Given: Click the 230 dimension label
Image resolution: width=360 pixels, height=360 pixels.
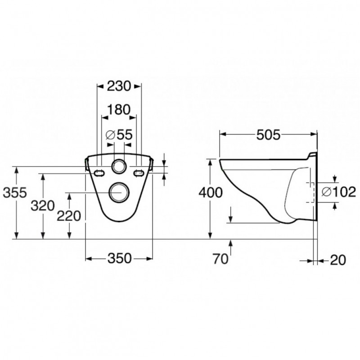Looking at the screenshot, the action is coord(119,86).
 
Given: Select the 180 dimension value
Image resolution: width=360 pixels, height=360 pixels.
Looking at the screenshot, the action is coord(119,110).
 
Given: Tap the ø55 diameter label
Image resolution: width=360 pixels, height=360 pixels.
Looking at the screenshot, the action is coord(119,135).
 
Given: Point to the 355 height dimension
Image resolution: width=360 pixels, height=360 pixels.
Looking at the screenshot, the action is coord(15,193).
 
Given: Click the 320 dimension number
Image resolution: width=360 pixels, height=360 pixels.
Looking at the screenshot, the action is coord(43,206).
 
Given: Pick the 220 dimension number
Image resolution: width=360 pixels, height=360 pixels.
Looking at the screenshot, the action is coord(69,216).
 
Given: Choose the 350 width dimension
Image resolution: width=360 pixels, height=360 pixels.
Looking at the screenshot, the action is coord(120,258).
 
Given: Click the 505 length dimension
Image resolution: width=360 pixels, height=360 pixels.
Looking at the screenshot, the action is coord(268,135).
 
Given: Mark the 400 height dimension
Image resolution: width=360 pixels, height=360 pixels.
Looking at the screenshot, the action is coord(211,193).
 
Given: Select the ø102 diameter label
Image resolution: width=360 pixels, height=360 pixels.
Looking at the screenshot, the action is coord(339,192).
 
